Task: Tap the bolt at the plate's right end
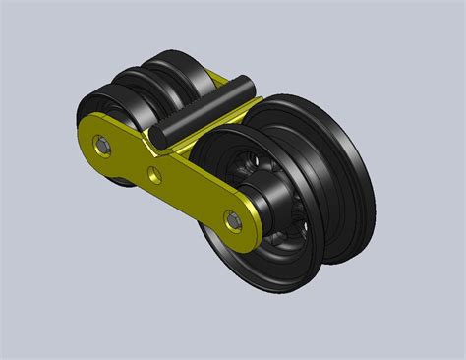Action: [233, 222]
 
